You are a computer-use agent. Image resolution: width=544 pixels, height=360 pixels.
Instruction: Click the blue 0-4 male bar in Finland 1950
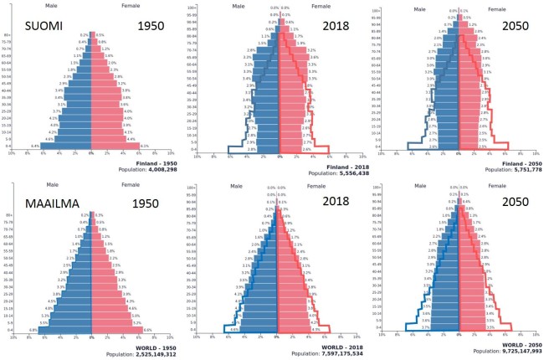(67, 145)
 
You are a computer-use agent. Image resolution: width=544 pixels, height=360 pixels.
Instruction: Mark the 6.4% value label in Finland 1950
(36, 146)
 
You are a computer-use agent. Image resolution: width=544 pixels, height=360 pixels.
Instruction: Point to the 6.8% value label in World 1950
(32, 330)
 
